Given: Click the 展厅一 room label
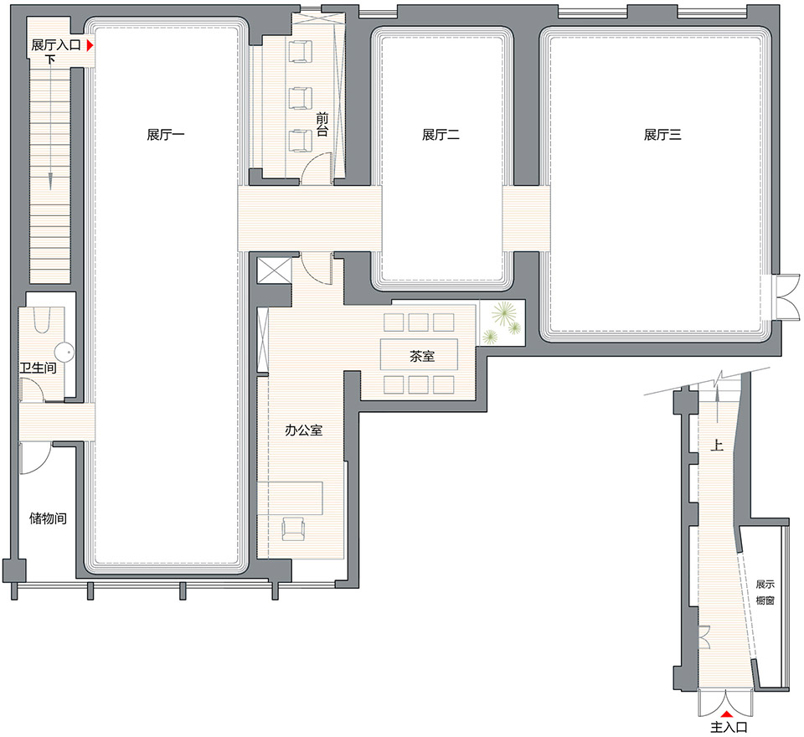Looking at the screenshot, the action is pyautogui.click(x=165, y=135).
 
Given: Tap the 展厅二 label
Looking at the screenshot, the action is pyautogui.click(x=441, y=135).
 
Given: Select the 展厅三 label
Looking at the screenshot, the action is pyautogui.click(x=662, y=135).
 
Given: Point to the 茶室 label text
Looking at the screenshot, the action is pyautogui.click(x=422, y=356).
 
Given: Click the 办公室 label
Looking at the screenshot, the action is pyautogui.click(x=303, y=430).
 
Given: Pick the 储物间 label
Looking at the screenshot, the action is pyautogui.click(x=48, y=518).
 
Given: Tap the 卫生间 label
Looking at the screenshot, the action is pyautogui.click(x=38, y=368).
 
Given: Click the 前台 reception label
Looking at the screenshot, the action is pyautogui.click(x=322, y=125).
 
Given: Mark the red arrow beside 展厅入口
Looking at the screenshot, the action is pyautogui.click(x=90, y=46).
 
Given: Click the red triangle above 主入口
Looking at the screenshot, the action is pyautogui.click(x=726, y=714).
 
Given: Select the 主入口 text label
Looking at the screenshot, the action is pyautogui.click(x=729, y=727).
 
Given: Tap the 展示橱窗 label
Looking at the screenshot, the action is pyautogui.click(x=765, y=592).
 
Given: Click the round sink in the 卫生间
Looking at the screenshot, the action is pyautogui.click(x=65, y=352).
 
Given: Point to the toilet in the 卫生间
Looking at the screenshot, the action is pyautogui.click(x=43, y=318).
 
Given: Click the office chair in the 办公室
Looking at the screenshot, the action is pyautogui.click(x=293, y=528).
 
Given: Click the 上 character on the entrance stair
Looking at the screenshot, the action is pyautogui.click(x=716, y=445).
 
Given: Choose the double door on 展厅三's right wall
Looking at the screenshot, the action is pyautogui.click(x=787, y=297).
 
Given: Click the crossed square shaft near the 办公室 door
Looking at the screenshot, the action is pyautogui.click(x=275, y=271).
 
